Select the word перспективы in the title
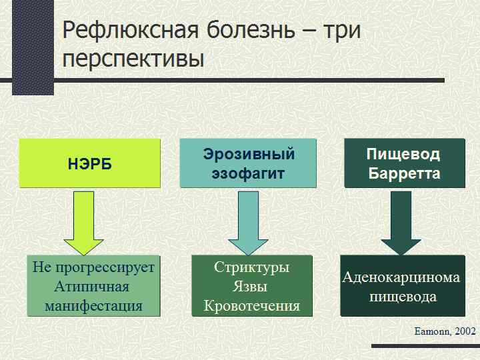pos(133,59)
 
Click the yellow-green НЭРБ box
pos(89,163)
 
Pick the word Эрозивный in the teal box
pos(249,155)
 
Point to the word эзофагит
pos(249,174)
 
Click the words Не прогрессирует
pos(93,267)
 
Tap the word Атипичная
pos(93,287)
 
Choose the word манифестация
pos(93,306)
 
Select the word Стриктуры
pos(251,267)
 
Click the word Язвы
pos(251,287)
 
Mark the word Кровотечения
pos(251,306)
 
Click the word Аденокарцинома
pos(401,277)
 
